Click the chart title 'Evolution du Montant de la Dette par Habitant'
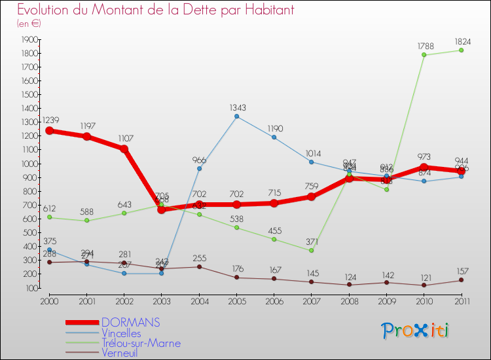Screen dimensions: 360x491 155,10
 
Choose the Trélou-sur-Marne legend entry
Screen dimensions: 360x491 141,343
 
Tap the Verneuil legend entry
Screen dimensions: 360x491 120,353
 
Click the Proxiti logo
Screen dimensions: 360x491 416,331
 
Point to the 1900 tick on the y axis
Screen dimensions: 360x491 29,39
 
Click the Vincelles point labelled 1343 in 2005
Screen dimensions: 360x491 236,117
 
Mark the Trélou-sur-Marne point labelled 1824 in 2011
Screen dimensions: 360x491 462,50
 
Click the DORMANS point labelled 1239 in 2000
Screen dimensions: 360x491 49,131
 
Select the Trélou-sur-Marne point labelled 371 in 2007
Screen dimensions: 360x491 312,251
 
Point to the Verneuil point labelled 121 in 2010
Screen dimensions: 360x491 424,285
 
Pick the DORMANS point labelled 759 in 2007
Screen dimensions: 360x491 312,197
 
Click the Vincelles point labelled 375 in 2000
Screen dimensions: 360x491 49,250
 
